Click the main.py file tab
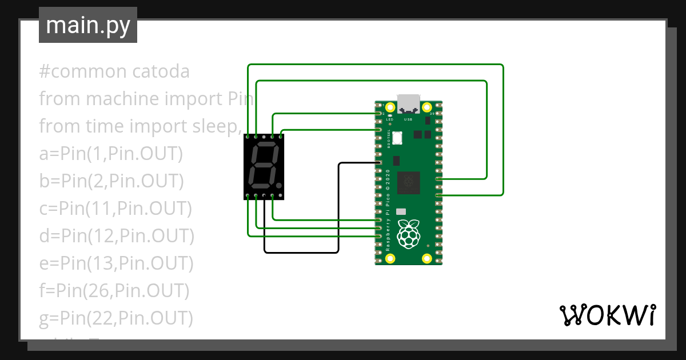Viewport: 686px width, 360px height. click(x=87, y=26)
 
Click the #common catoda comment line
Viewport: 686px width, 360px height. click(x=114, y=72)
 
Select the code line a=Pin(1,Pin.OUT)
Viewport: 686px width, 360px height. click(x=110, y=154)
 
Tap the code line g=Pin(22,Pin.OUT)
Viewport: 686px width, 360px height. click(x=115, y=318)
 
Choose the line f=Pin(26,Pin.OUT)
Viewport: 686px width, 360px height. click(x=114, y=291)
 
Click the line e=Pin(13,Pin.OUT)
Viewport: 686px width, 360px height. click(x=116, y=263)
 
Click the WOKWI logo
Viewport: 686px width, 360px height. click(x=607, y=315)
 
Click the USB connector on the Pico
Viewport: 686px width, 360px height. click(x=408, y=103)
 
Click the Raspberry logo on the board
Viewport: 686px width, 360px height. click(x=408, y=234)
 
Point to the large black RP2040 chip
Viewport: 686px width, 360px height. click(x=408, y=182)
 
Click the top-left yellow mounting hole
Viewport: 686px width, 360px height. click(x=390, y=107)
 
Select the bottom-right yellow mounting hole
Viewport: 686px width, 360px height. click(x=426, y=258)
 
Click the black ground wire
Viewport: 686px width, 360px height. click(x=339, y=206)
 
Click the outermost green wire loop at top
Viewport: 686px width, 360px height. click(x=374, y=65)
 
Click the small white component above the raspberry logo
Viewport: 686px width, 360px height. click(x=401, y=211)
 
